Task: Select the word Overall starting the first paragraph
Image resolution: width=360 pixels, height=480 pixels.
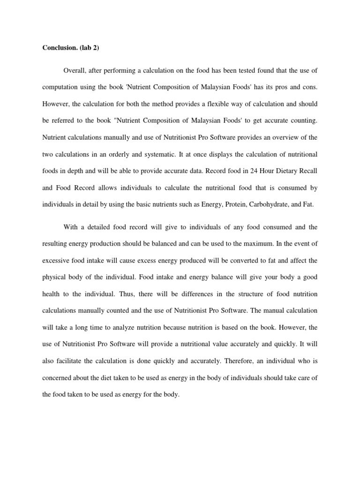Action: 75,70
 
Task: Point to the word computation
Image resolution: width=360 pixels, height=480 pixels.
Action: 61,87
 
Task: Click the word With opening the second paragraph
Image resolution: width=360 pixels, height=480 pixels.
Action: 71,227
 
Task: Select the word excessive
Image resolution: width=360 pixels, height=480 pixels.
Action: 56,260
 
